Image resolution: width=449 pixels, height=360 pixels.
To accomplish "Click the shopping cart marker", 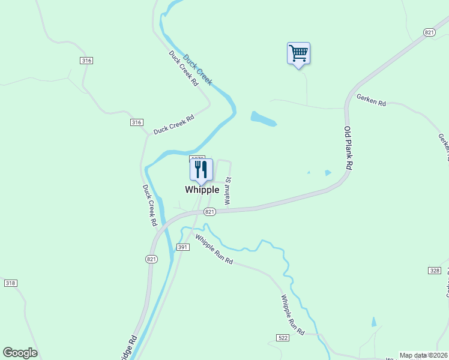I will click(x=298, y=53).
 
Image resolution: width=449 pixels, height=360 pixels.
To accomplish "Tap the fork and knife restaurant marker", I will click(x=201, y=170).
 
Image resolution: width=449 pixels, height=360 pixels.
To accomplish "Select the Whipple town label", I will click(x=202, y=190).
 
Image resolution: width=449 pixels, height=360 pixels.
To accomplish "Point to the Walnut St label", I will click(x=228, y=191).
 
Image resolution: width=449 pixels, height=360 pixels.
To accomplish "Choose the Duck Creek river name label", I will click(x=197, y=70).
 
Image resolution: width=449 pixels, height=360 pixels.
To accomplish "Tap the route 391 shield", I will click(x=183, y=247).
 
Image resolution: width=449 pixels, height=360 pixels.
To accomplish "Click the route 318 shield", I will click(x=10, y=283).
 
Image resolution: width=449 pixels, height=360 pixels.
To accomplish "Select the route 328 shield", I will click(x=435, y=271).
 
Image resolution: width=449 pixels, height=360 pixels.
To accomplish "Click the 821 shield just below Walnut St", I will click(x=209, y=212).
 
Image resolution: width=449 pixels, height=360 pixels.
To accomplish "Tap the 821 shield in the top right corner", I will click(x=429, y=32).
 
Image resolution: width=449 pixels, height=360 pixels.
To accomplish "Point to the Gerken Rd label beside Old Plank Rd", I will click(x=371, y=100).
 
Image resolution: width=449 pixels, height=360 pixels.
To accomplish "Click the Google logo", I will click(x=20, y=353).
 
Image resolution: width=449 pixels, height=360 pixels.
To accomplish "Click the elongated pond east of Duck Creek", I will click(x=264, y=119).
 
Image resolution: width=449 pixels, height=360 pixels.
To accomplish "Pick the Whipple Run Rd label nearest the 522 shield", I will click(x=293, y=314).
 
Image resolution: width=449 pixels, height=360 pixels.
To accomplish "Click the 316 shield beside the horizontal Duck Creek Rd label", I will click(x=136, y=122).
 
